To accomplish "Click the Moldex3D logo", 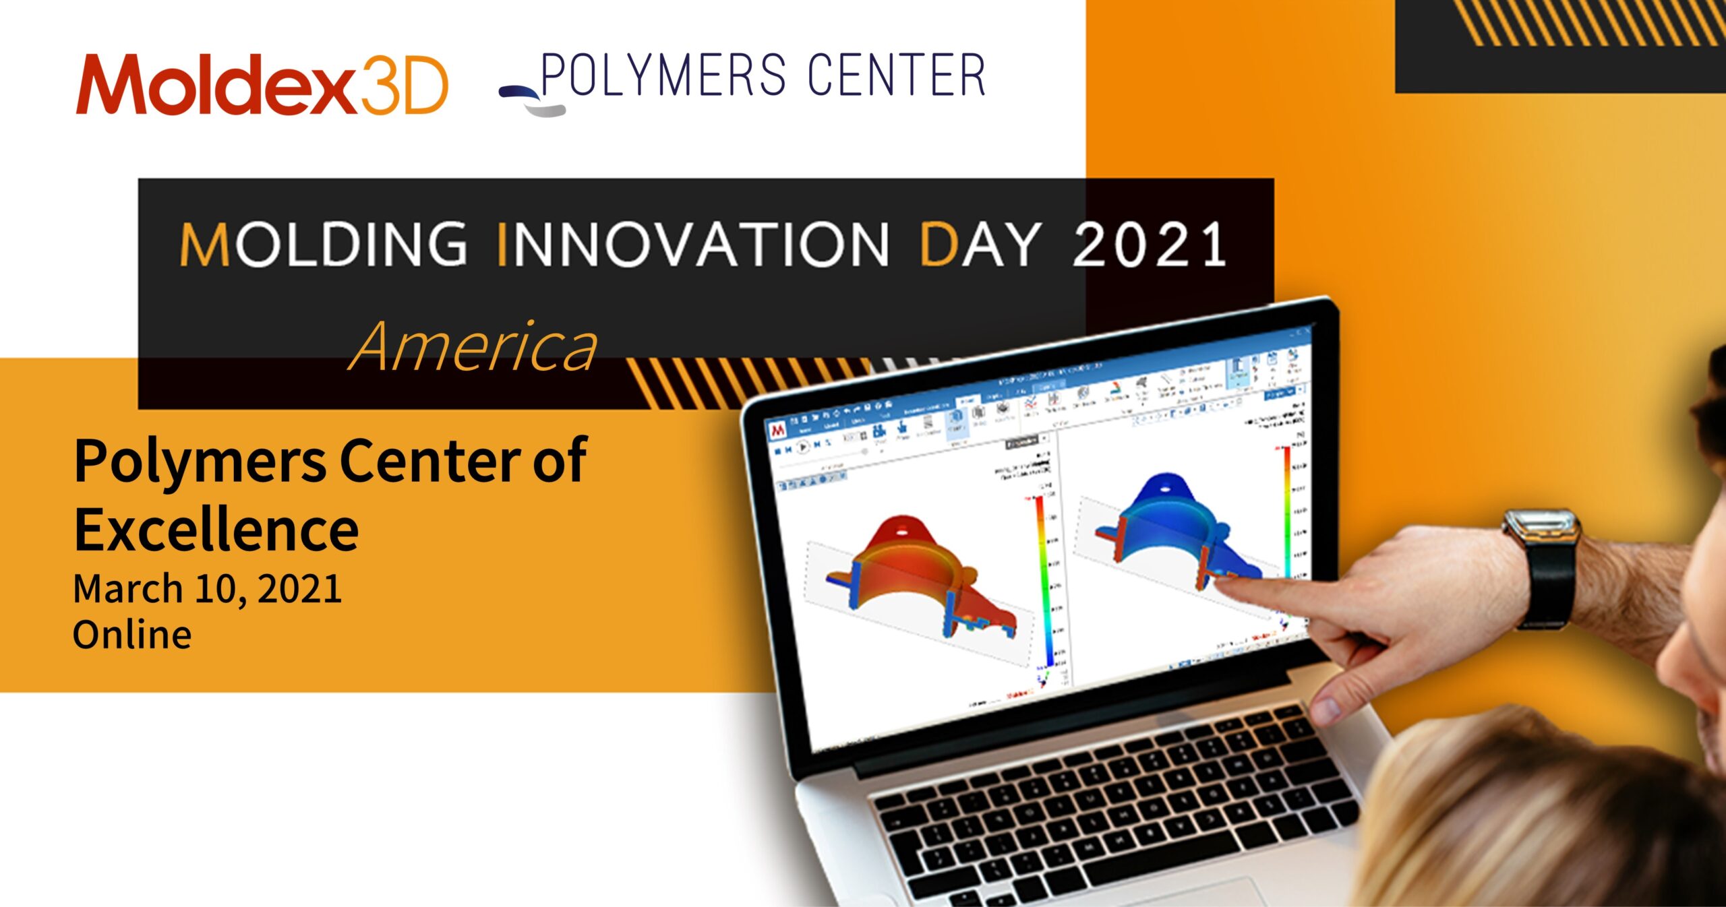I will coord(262,85).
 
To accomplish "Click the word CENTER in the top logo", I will coord(897,75).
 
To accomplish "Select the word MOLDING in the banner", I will coord(324,244).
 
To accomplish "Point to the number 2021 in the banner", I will coord(1150,244).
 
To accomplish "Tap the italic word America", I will coord(473,348).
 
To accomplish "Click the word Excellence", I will coord(216,530).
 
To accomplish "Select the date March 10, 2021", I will coord(207,589).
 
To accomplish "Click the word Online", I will coord(132,635).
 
